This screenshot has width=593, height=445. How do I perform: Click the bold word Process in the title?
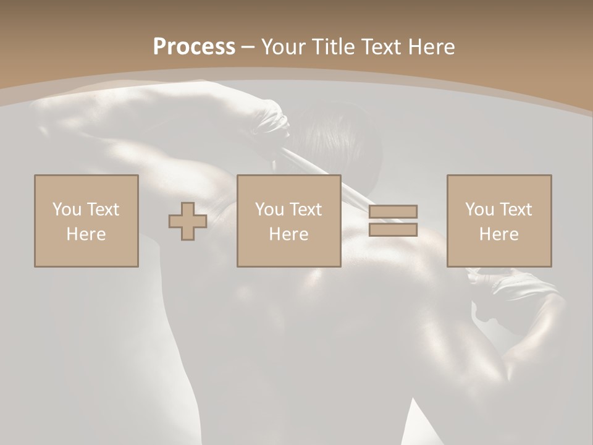pos(194,47)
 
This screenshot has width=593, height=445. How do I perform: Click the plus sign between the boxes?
pos(188,221)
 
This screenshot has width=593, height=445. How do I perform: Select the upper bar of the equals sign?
pos(393,212)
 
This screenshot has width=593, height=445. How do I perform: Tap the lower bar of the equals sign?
pos(393,230)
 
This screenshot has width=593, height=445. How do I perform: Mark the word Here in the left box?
pos(86,234)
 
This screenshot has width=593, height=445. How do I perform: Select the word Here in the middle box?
pos(288,234)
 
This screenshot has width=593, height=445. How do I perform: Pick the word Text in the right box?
pos(516,210)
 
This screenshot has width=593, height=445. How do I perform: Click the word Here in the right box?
pos(498,234)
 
